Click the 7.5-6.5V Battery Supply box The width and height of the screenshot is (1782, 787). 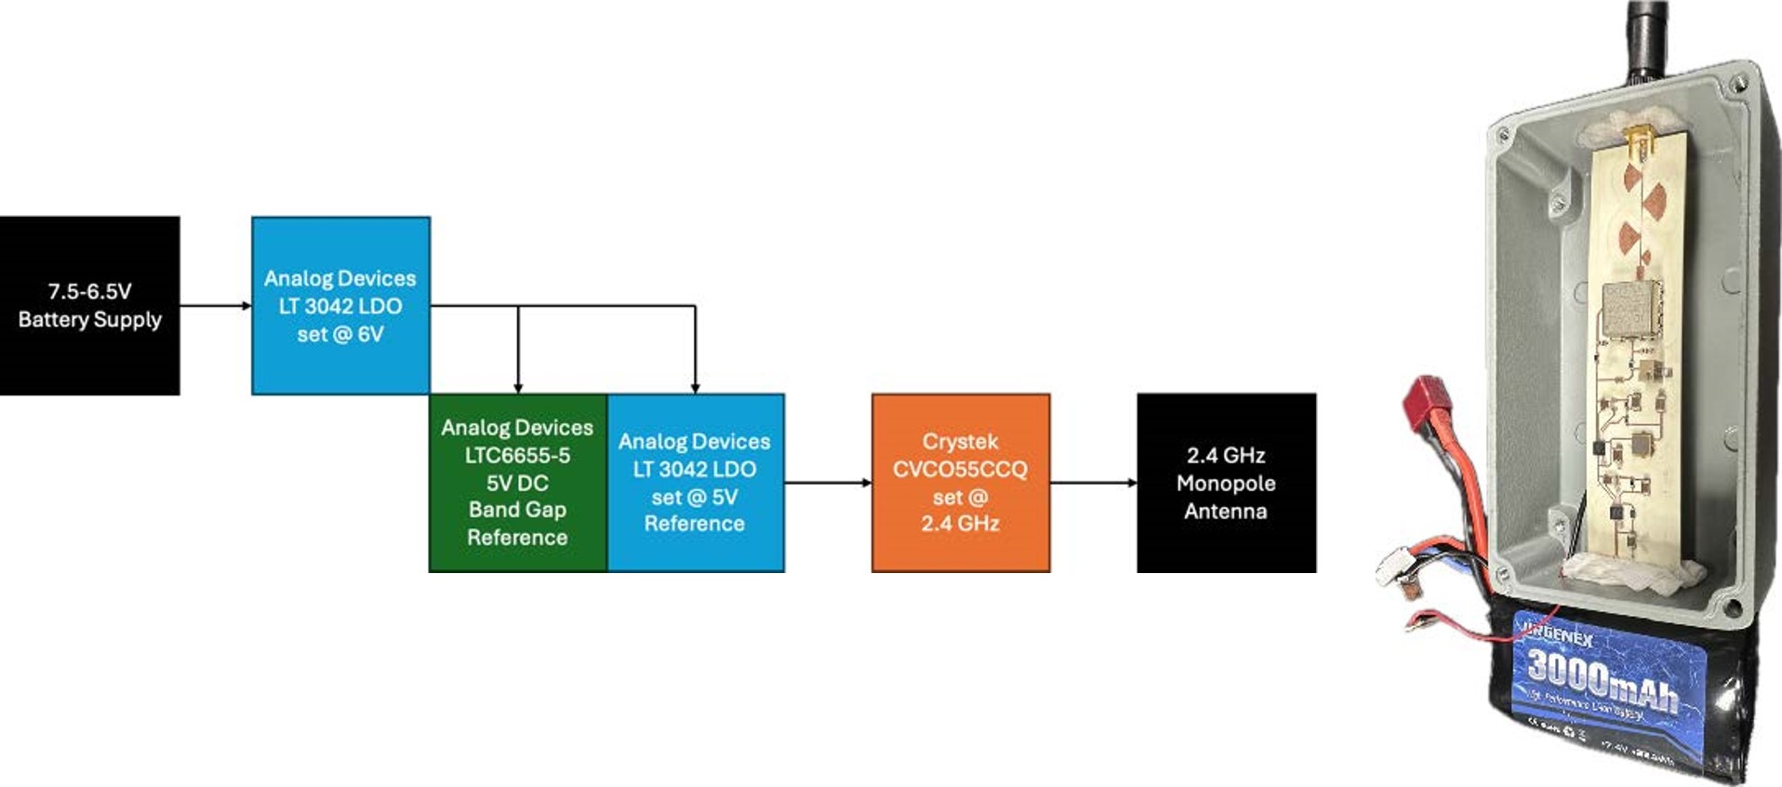pyautogui.click(x=89, y=305)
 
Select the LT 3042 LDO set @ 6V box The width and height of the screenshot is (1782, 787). pyautogui.click(x=340, y=305)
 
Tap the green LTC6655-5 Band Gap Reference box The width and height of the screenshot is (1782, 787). pyautogui.click(x=517, y=483)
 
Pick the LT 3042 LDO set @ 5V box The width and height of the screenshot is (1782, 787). pyautogui.click(x=695, y=483)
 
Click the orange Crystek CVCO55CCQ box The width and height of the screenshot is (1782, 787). pyautogui.click(x=960, y=483)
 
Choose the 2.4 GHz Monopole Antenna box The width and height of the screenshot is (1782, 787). pyautogui.click(x=1226, y=483)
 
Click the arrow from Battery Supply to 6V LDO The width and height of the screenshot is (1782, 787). pyautogui.click(x=215, y=305)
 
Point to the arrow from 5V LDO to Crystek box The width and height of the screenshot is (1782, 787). pyautogui.click(x=827, y=483)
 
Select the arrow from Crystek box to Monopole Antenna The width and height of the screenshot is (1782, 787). pyautogui.click(x=1093, y=483)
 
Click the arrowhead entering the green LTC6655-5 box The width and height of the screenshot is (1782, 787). pyautogui.click(x=518, y=387)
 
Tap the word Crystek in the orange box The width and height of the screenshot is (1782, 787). pyautogui.click(x=960, y=442)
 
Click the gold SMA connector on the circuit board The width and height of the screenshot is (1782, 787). pyautogui.click(x=1640, y=145)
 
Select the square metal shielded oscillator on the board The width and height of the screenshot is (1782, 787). pyautogui.click(x=1628, y=308)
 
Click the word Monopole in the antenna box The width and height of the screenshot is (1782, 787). pyautogui.click(x=1226, y=484)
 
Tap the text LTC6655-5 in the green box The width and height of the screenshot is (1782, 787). pyautogui.click(x=517, y=456)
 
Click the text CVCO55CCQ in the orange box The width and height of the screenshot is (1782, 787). pyautogui.click(x=960, y=470)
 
